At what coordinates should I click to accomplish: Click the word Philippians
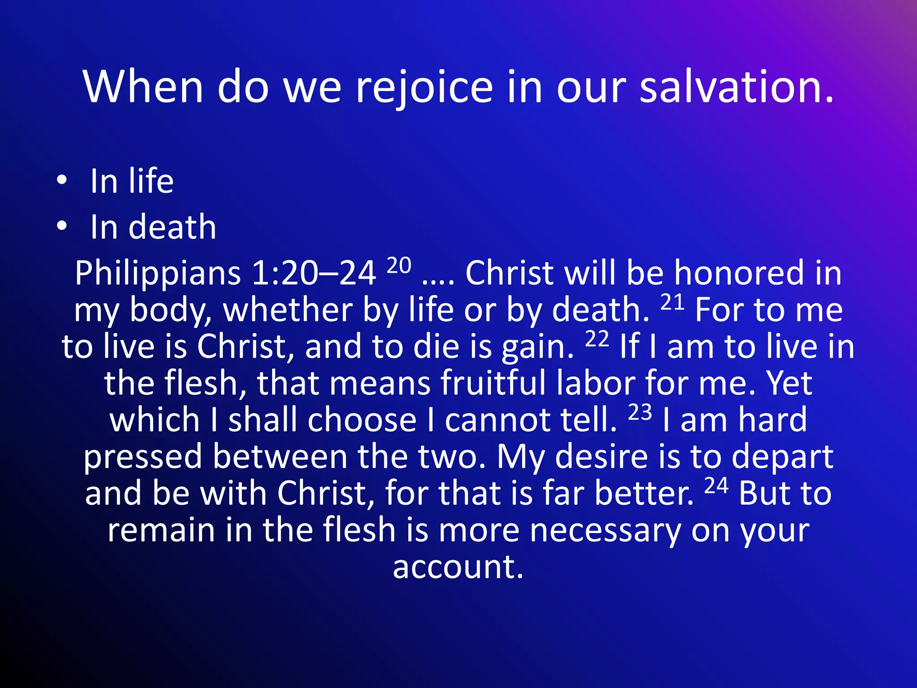158,273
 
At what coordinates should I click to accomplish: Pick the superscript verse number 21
673,303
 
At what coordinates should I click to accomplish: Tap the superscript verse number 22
597,340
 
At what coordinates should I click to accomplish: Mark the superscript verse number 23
640,413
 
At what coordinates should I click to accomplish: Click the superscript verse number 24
716,486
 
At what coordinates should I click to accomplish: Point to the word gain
537,348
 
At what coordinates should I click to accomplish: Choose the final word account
458,567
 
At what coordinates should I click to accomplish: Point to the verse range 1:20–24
313,273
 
